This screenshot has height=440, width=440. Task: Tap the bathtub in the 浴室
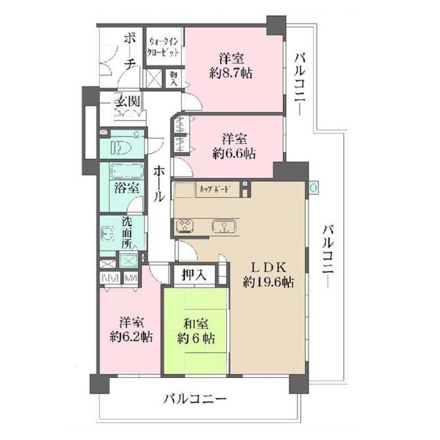point(126,171)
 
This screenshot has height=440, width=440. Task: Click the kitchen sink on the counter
point(224,226)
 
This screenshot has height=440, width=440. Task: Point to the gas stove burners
point(185,226)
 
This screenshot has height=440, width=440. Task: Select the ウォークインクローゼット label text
point(164,47)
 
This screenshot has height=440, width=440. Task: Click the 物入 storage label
point(174,79)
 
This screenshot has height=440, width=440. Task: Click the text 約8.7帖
point(231,73)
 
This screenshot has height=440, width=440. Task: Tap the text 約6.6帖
point(234,153)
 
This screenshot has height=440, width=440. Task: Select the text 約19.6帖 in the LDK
point(268,282)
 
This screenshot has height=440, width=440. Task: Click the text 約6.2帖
point(131,336)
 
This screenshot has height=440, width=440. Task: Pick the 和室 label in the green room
point(196,324)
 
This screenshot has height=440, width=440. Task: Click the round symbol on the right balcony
point(313,187)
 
